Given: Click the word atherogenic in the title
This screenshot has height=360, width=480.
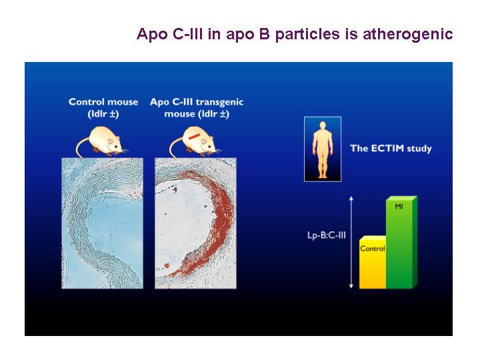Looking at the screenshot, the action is [x=407, y=34].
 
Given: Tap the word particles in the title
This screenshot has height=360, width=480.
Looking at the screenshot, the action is [x=307, y=34].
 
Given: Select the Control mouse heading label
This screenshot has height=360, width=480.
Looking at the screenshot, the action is [x=103, y=107].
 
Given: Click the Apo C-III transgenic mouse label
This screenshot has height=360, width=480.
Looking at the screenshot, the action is [x=197, y=107].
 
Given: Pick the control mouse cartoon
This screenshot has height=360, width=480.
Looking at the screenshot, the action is [x=101, y=141].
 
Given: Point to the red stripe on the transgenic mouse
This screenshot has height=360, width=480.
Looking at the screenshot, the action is [x=195, y=136].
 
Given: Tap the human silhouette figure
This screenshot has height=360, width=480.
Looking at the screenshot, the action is [x=323, y=150].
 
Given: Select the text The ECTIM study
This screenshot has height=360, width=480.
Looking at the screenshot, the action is [x=391, y=149].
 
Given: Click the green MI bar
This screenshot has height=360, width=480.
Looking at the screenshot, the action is [x=401, y=242].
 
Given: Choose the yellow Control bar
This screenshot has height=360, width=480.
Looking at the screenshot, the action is [x=373, y=262].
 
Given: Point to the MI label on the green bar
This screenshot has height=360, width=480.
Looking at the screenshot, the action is [x=399, y=206].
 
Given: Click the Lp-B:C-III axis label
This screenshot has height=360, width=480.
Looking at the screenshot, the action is [x=326, y=235].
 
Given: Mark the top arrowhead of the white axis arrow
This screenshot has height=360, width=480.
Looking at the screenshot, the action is [x=351, y=198].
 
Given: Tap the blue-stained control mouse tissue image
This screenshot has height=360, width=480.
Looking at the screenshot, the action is [x=102, y=223].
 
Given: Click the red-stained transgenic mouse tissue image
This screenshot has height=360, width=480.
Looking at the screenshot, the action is [x=195, y=223].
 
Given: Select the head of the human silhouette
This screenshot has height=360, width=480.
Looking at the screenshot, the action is [x=323, y=125].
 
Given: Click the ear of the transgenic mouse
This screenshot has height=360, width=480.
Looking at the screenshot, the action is [x=205, y=142].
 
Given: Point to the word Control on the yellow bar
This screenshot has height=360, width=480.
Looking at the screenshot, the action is [x=373, y=248].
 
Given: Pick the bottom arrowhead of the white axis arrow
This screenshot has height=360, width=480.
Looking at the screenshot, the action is [x=351, y=287].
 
